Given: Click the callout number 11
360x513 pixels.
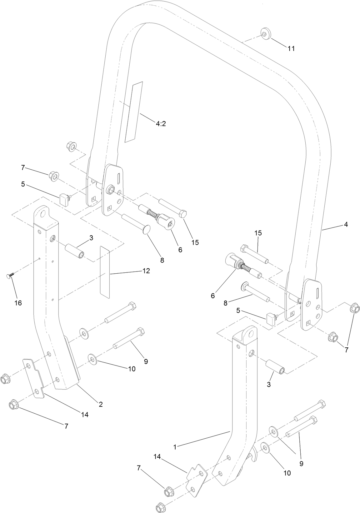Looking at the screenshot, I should point(291,48).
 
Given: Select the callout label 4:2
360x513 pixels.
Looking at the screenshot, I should point(161,124).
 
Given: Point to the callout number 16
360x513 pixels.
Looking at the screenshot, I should point(18,303).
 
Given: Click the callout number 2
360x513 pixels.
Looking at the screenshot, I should point(101,404).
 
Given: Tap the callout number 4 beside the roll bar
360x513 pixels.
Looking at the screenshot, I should point(346,224).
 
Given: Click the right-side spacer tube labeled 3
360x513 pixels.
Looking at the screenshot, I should point(275,366).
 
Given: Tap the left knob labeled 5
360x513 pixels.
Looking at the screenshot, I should point(64,199).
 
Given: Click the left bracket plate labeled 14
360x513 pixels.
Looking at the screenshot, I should point(33,378).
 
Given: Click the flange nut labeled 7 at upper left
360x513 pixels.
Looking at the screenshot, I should point(53,177).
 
